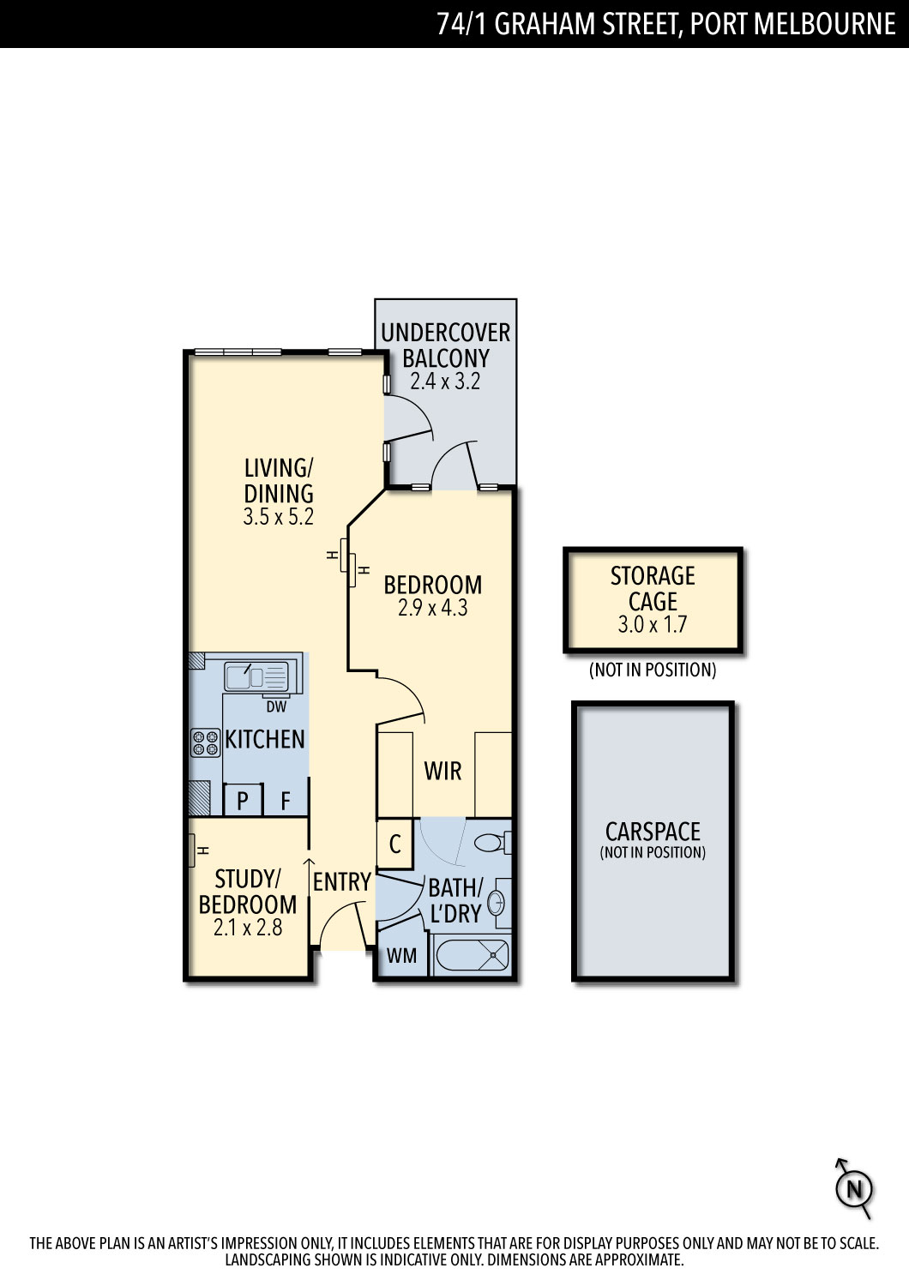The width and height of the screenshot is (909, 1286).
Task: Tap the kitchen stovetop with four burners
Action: click(205, 742)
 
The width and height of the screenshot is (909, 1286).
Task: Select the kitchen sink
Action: click(256, 676)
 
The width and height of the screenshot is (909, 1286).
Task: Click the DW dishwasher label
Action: click(276, 706)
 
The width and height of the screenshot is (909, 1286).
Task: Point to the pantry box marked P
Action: click(243, 800)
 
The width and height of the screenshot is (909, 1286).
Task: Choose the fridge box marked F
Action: click(286, 800)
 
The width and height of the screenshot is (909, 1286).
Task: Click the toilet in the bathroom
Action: click(493, 843)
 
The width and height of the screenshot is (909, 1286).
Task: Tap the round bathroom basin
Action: click(496, 903)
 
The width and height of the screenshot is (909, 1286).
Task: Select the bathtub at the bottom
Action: click(472, 955)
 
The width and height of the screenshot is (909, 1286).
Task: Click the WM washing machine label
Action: click(401, 956)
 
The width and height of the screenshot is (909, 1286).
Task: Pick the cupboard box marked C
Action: click(395, 844)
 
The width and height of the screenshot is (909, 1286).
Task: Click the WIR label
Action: click(442, 771)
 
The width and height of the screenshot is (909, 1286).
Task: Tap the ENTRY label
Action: click(341, 882)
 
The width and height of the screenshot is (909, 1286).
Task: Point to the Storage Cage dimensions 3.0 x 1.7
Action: click(653, 625)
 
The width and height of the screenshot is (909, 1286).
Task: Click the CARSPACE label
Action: click(653, 832)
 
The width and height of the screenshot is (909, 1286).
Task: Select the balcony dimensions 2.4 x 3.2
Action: click(445, 382)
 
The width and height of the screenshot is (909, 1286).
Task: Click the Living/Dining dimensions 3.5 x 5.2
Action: click(279, 517)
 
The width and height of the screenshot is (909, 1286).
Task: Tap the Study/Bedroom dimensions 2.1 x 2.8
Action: click(248, 928)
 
